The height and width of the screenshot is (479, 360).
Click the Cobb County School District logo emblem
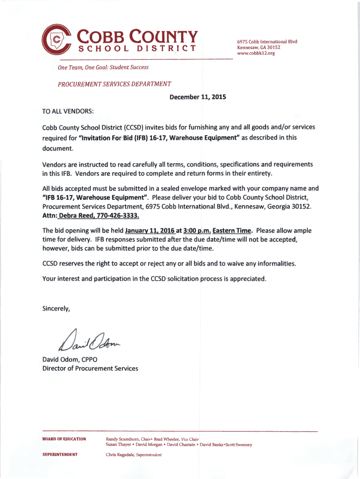[x=57, y=40]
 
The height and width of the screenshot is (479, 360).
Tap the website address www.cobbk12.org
[x=256, y=54]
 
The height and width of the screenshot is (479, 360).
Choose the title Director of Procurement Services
[x=90, y=368]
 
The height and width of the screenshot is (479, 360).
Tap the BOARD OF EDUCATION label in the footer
[x=65, y=439]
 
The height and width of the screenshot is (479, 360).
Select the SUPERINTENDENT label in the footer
[x=60, y=455]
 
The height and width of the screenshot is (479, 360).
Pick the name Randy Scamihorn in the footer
[x=123, y=439]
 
